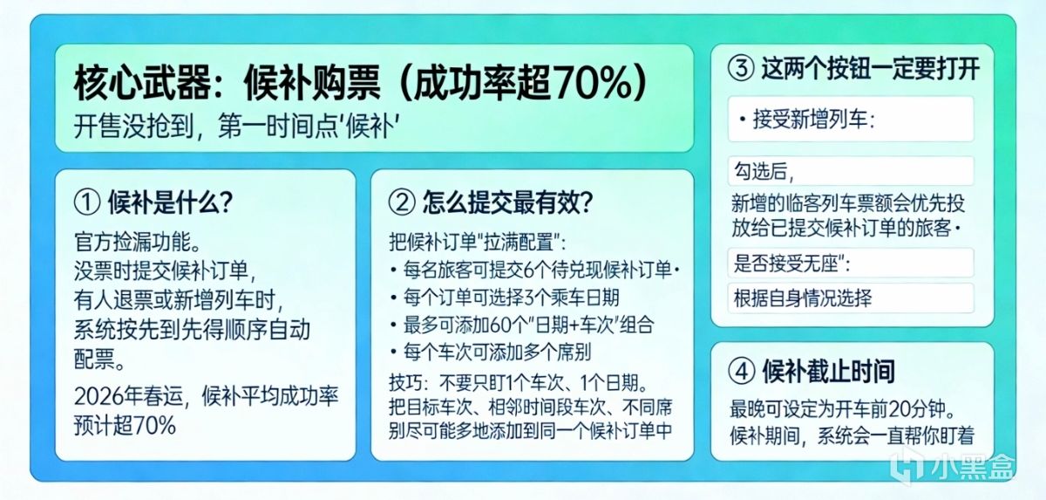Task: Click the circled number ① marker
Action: click(87, 202)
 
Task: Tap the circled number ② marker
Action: click(402, 202)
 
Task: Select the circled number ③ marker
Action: click(741, 69)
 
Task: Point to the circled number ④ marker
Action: click(742, 372)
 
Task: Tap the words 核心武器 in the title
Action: click(141, 83)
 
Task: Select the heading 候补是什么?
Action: click(171, 202)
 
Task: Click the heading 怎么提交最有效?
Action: click(507, 202)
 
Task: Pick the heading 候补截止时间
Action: click(829, 372)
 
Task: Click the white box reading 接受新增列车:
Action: click(851, 120)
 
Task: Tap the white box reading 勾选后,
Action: click(851, 171)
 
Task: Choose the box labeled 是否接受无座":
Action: click(851, 263)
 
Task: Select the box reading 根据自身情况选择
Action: click(851, 298)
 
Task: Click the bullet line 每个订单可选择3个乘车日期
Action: click(505, 298)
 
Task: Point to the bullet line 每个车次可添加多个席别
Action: click(492, 352)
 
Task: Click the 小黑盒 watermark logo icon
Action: click(906, 464)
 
